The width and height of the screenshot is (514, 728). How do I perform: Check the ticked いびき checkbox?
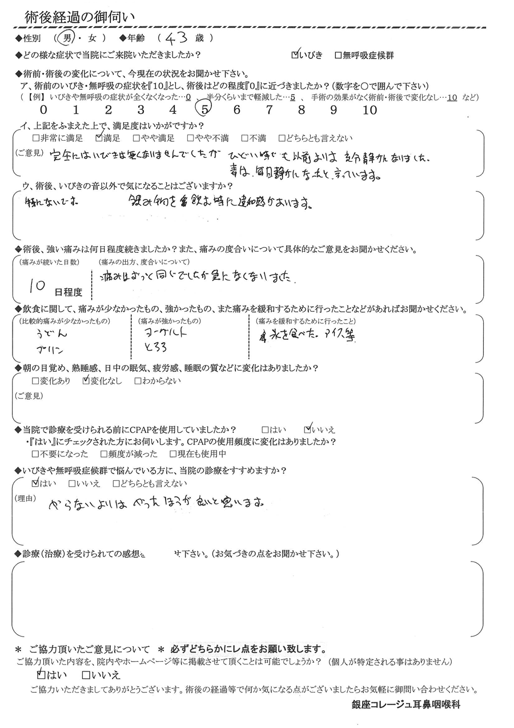click(x=295, y=55)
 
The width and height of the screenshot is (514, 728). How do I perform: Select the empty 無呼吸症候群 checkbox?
click(x=338, y=55)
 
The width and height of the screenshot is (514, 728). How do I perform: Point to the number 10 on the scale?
click(x=370, y=110)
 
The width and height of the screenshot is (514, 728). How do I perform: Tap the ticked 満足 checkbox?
click(x=99, y=138)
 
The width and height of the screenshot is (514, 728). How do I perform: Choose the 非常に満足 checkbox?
click(x=37, y=138)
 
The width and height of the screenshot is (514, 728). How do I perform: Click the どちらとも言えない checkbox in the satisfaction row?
click(x=282, y=138)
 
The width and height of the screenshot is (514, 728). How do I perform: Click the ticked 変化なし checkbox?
click(x=86, y=380)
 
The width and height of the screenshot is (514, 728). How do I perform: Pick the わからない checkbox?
click(x=138, y=380)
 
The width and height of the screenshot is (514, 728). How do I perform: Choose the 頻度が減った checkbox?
click(x=103, y=454)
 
